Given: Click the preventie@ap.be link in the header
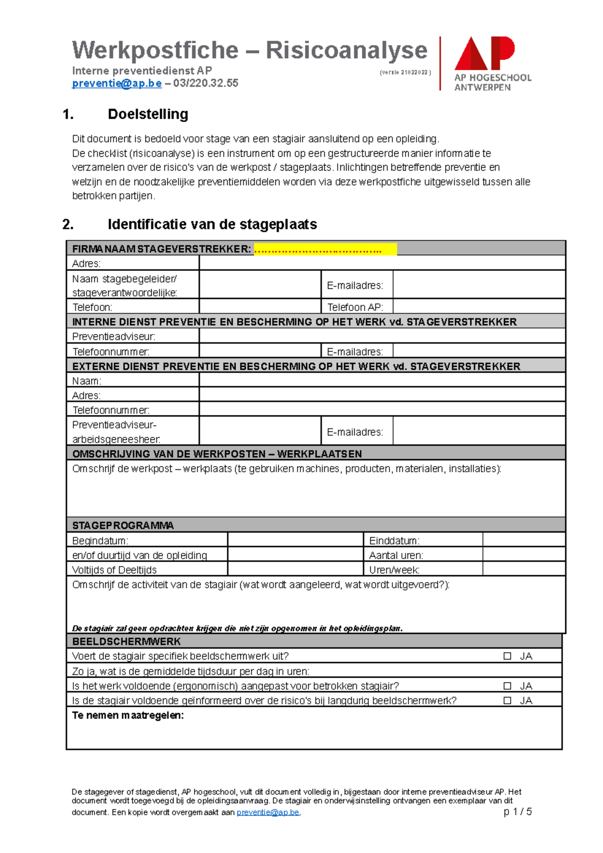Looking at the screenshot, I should click(x=117, y=83).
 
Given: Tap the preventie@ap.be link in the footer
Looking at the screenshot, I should click(x=268, y=812).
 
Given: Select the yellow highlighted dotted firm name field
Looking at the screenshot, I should click(x=325, y=249).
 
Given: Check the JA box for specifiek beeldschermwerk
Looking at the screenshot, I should click(x=507, y=656).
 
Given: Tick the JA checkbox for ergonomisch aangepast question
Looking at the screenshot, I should click(x=507, y=686).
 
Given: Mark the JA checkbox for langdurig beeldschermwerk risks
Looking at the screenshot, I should click(x=507, y=700).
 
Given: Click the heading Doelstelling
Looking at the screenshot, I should click(x=148, y=114).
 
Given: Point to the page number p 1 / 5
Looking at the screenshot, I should click(x=517, y=812).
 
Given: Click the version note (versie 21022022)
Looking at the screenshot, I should click(x=405, y=72).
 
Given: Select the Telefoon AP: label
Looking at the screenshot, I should click(x=355, y=307).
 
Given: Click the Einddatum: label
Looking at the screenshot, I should click(x=394, y=541).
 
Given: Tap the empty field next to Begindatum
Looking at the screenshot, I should click(x=295, y=540).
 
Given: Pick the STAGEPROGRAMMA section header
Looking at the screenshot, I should click(x=123, y=525).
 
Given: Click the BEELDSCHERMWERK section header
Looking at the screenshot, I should click(x=126, y=642).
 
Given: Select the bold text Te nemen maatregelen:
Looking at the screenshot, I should click(x=128, y=715).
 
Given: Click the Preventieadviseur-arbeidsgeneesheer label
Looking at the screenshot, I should click(x=116, y=432).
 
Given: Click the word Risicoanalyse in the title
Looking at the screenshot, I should click(x=346, y=50).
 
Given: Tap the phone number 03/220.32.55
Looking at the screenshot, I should click(x=206, y=83).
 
